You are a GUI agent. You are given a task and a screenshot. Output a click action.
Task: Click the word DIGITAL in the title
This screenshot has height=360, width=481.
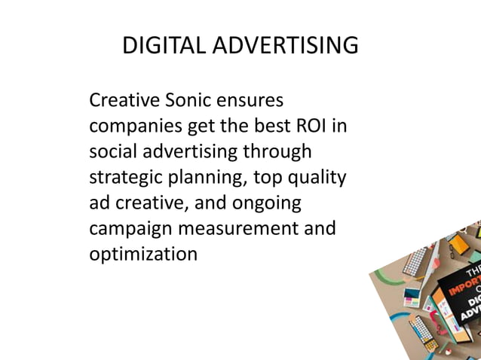(x=164, y=47)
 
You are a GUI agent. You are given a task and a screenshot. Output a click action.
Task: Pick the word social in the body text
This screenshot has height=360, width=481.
(x=112, y=151)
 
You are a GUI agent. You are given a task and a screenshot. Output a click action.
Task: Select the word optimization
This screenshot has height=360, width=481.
(x=143, y=254)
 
